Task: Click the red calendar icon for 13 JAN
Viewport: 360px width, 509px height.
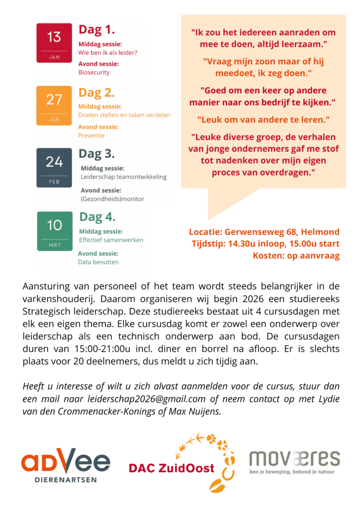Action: click(x=54, y=43)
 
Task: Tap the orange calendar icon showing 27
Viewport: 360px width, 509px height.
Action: click(x=54, y=105)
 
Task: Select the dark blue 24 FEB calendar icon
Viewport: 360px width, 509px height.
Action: click(x=54, y=168)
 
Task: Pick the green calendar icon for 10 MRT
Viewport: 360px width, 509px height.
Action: click(x=54, y=231)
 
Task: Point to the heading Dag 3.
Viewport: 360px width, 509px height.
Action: click(x=97, y=154)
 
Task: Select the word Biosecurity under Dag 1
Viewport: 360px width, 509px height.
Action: click(x=94, y=73)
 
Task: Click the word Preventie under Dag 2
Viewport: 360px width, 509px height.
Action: click(x=91, y=135)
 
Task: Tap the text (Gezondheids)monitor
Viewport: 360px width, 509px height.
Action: click(x=112, y=199)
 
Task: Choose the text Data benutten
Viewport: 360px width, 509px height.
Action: click(x=98, y=262)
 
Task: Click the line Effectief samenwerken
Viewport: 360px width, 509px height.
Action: click(x=111, y=240)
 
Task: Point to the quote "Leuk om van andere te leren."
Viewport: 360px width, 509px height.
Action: click(x=263, y=120)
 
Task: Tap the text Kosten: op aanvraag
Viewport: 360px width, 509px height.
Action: click(x=296, y=255)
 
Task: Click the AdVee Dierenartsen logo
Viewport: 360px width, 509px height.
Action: click(x=66, y=464)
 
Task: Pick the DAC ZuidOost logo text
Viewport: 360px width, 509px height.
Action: click(x=172, y=468)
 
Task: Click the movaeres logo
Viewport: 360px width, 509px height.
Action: click(x=294, y=461)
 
